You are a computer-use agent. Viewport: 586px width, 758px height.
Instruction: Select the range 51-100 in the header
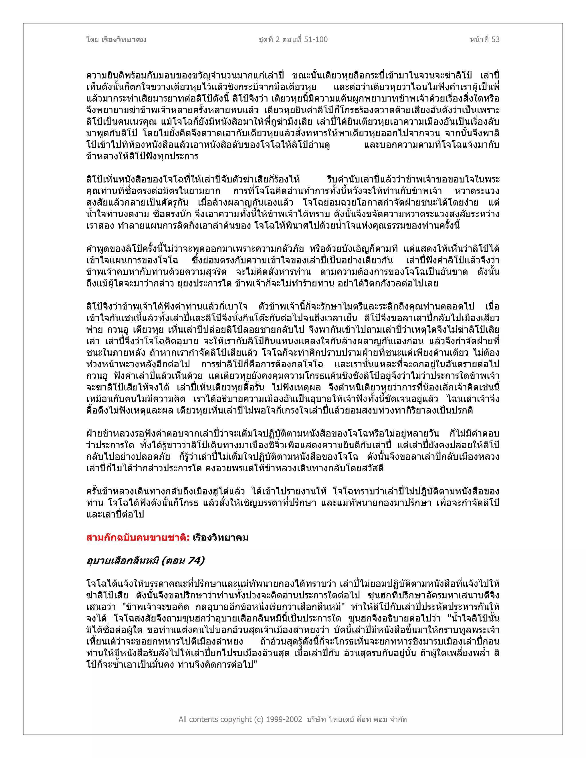click(x=316, y=39)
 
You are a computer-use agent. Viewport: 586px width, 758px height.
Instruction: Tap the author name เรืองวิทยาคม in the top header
click(x=124, y=39)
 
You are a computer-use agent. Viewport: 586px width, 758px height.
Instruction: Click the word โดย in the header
click(x=92, y=39)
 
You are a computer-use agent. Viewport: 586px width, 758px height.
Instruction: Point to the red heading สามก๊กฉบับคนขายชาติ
click(x=137, y=538)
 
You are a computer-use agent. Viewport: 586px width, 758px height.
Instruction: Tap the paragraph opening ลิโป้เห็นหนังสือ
click(x=114, y=179)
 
